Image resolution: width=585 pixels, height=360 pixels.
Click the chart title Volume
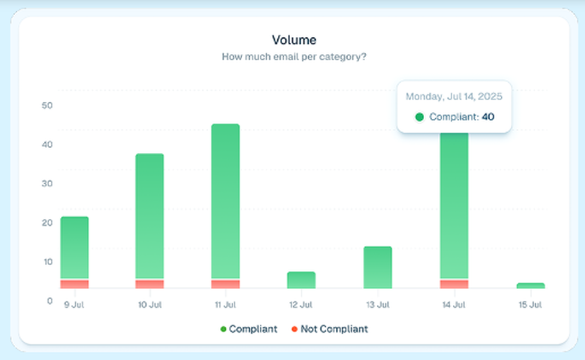coord(294,40)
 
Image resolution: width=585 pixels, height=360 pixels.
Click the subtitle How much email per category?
coord(294,57)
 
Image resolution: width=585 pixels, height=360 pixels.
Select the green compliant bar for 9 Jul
coord(74,247)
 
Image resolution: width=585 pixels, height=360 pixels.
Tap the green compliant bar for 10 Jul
coord(150,215)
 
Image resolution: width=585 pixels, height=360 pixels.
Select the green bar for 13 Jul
coord(377,267)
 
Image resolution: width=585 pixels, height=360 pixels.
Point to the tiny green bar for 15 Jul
coord(531,286)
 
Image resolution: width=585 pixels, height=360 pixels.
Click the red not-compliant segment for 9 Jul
coord(74,284)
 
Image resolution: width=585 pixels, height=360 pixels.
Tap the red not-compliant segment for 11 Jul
coord(225,284)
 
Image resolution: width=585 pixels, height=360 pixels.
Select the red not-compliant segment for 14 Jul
coord(454,284)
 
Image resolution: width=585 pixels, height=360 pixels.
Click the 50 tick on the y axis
coord(47,105)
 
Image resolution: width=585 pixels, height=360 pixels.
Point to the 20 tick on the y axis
coord(47,222)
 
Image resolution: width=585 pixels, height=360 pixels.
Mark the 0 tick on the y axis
coord(50,301)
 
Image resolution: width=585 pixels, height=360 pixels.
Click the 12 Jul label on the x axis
coord(301,305)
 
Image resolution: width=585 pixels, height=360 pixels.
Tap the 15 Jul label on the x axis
coord(531,305)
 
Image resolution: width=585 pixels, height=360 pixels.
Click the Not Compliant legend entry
coord(334,329)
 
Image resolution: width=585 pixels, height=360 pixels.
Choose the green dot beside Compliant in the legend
coord(223,329)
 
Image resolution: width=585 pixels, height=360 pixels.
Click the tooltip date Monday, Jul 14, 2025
coord(454,96)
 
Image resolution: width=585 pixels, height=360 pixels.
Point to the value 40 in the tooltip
coord(488,117)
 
